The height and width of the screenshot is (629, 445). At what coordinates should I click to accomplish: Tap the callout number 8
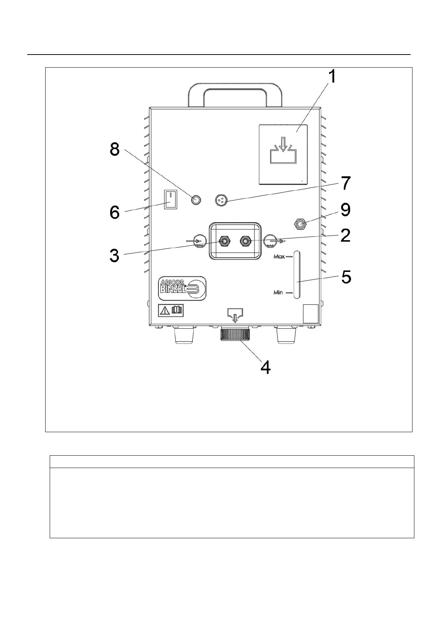(x=114, y=150)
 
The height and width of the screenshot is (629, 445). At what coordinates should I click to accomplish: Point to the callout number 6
(x=114, y=213)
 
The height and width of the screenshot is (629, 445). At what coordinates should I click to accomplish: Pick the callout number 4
(x=265, y=368)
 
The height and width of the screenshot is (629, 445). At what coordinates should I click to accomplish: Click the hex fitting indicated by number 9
(x=300, y=224)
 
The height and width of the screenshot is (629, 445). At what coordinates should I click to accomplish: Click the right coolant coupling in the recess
(x=245, y=241)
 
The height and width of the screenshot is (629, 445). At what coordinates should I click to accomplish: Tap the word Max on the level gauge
(x=279, y=257)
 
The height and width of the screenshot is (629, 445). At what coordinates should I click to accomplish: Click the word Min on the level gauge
(x=278, y=292)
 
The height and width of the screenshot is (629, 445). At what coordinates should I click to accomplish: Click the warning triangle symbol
(x=164, y=310)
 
